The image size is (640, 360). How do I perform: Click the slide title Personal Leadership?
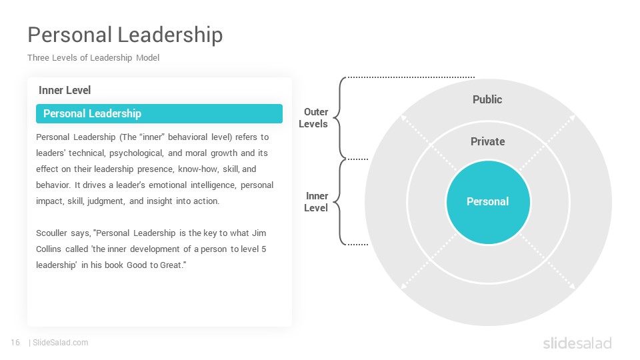point(125,35)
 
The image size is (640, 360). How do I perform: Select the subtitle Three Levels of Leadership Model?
point(93,57)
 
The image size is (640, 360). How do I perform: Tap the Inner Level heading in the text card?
point(65,90)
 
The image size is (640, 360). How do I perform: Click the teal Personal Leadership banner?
point(159,113)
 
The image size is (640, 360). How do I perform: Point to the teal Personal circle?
point(488,203)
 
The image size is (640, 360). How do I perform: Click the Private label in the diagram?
point(488,141)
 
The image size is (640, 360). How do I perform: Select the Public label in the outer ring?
point(487,99)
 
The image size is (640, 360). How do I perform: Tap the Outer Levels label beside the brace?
point(313,118)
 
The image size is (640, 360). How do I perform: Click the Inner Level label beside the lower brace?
point(316,202)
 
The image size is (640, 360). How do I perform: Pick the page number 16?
point(15,343)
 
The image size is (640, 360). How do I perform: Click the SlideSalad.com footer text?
point(61,343)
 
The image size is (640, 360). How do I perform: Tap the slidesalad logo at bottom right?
point(577,343)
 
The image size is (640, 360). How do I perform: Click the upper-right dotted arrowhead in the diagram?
point(572,118)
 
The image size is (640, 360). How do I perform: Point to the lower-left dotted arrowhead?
point(404,286)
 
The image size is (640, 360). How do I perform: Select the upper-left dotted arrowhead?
point(404,117)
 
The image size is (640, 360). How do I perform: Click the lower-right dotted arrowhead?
point(572,286)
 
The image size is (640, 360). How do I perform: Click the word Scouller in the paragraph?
point(52,233)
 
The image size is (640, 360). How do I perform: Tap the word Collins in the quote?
point(49,249)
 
